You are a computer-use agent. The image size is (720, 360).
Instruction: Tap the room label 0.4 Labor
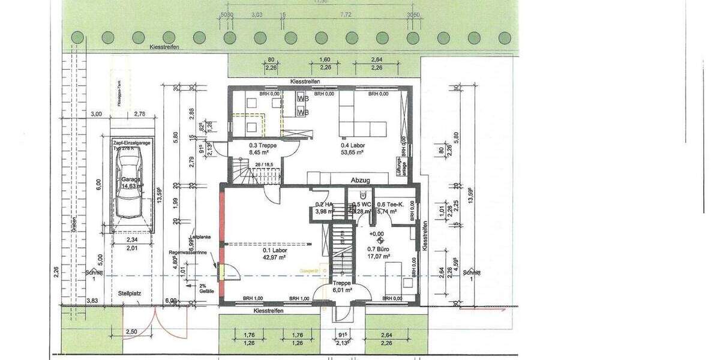tap(353, 145)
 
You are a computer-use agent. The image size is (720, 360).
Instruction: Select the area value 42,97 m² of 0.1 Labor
tap(273, 257)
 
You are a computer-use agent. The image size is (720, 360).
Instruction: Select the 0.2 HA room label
tap(325, 204)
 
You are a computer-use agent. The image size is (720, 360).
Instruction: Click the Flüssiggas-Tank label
tap(120, 93)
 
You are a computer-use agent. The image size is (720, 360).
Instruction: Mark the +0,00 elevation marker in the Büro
tap(376, 234)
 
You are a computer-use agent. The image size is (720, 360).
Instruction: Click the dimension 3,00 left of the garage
tap(95, 114)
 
